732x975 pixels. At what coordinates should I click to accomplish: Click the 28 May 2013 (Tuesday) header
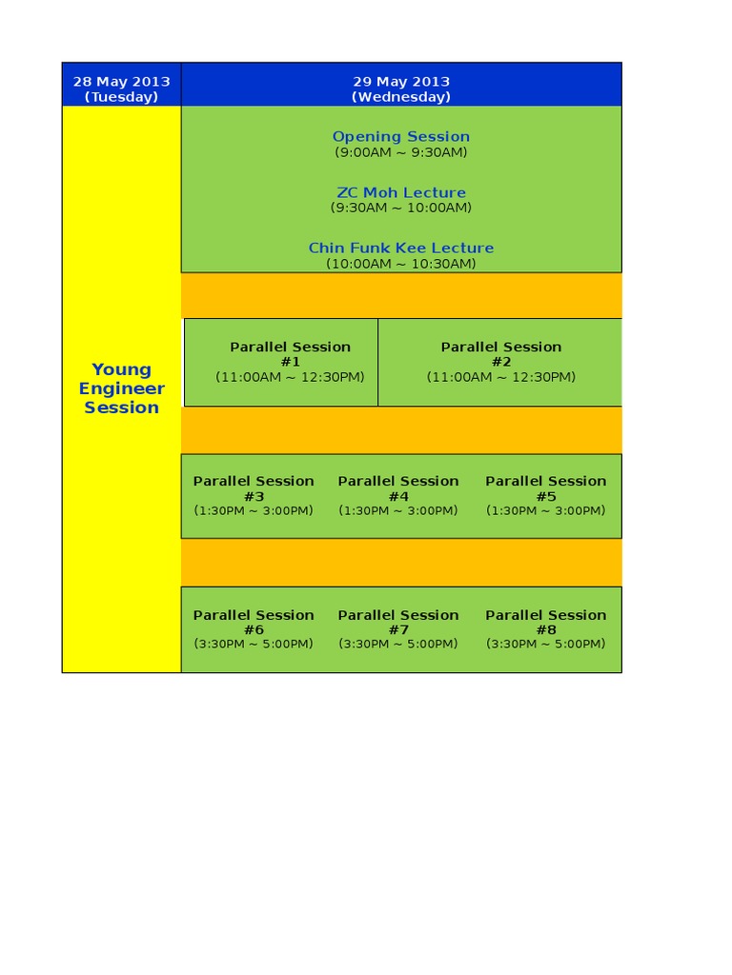coord(121,89)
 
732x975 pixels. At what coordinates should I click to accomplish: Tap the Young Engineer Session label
coord(121,388)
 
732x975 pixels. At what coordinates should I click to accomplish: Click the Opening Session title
coord(400,137)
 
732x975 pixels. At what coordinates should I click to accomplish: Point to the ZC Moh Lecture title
coord(400,192)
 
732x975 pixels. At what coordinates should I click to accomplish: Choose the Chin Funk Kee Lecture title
coord(400,248)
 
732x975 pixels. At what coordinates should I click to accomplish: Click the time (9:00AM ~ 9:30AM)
coord(400,152)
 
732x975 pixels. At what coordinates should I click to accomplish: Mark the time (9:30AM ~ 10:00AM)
coord(400,208)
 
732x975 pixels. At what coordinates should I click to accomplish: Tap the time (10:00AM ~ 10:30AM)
coord(400,264)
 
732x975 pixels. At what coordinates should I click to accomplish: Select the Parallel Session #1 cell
coord(290,362)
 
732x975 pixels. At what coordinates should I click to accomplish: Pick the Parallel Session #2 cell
coord(500,362)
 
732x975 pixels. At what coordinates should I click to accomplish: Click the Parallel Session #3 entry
coord(254,495)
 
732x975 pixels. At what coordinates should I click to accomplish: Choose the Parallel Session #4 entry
coord(398,495)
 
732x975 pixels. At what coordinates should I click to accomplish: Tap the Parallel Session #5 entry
coord(545,495)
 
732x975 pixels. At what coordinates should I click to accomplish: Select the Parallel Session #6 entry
coord(254,629)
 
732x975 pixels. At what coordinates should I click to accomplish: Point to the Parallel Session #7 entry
coord(398,629)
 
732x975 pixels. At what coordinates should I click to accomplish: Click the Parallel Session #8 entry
coord(545,629)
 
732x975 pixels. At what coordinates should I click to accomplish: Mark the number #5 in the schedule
coord(545,496)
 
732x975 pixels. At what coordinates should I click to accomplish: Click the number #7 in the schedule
coord(398,630)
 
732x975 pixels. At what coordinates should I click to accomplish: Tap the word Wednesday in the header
coord(400,97)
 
